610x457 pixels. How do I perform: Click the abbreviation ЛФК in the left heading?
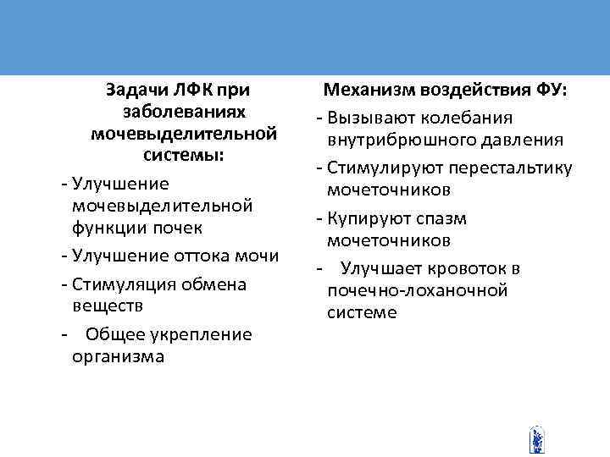point(194,88)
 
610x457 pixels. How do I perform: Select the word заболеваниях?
point(184,111)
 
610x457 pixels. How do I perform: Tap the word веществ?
point(106,306)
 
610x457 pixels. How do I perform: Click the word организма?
point(118,356)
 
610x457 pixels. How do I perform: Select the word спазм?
point(467,219)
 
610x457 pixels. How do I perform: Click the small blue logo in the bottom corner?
point(535,440)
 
